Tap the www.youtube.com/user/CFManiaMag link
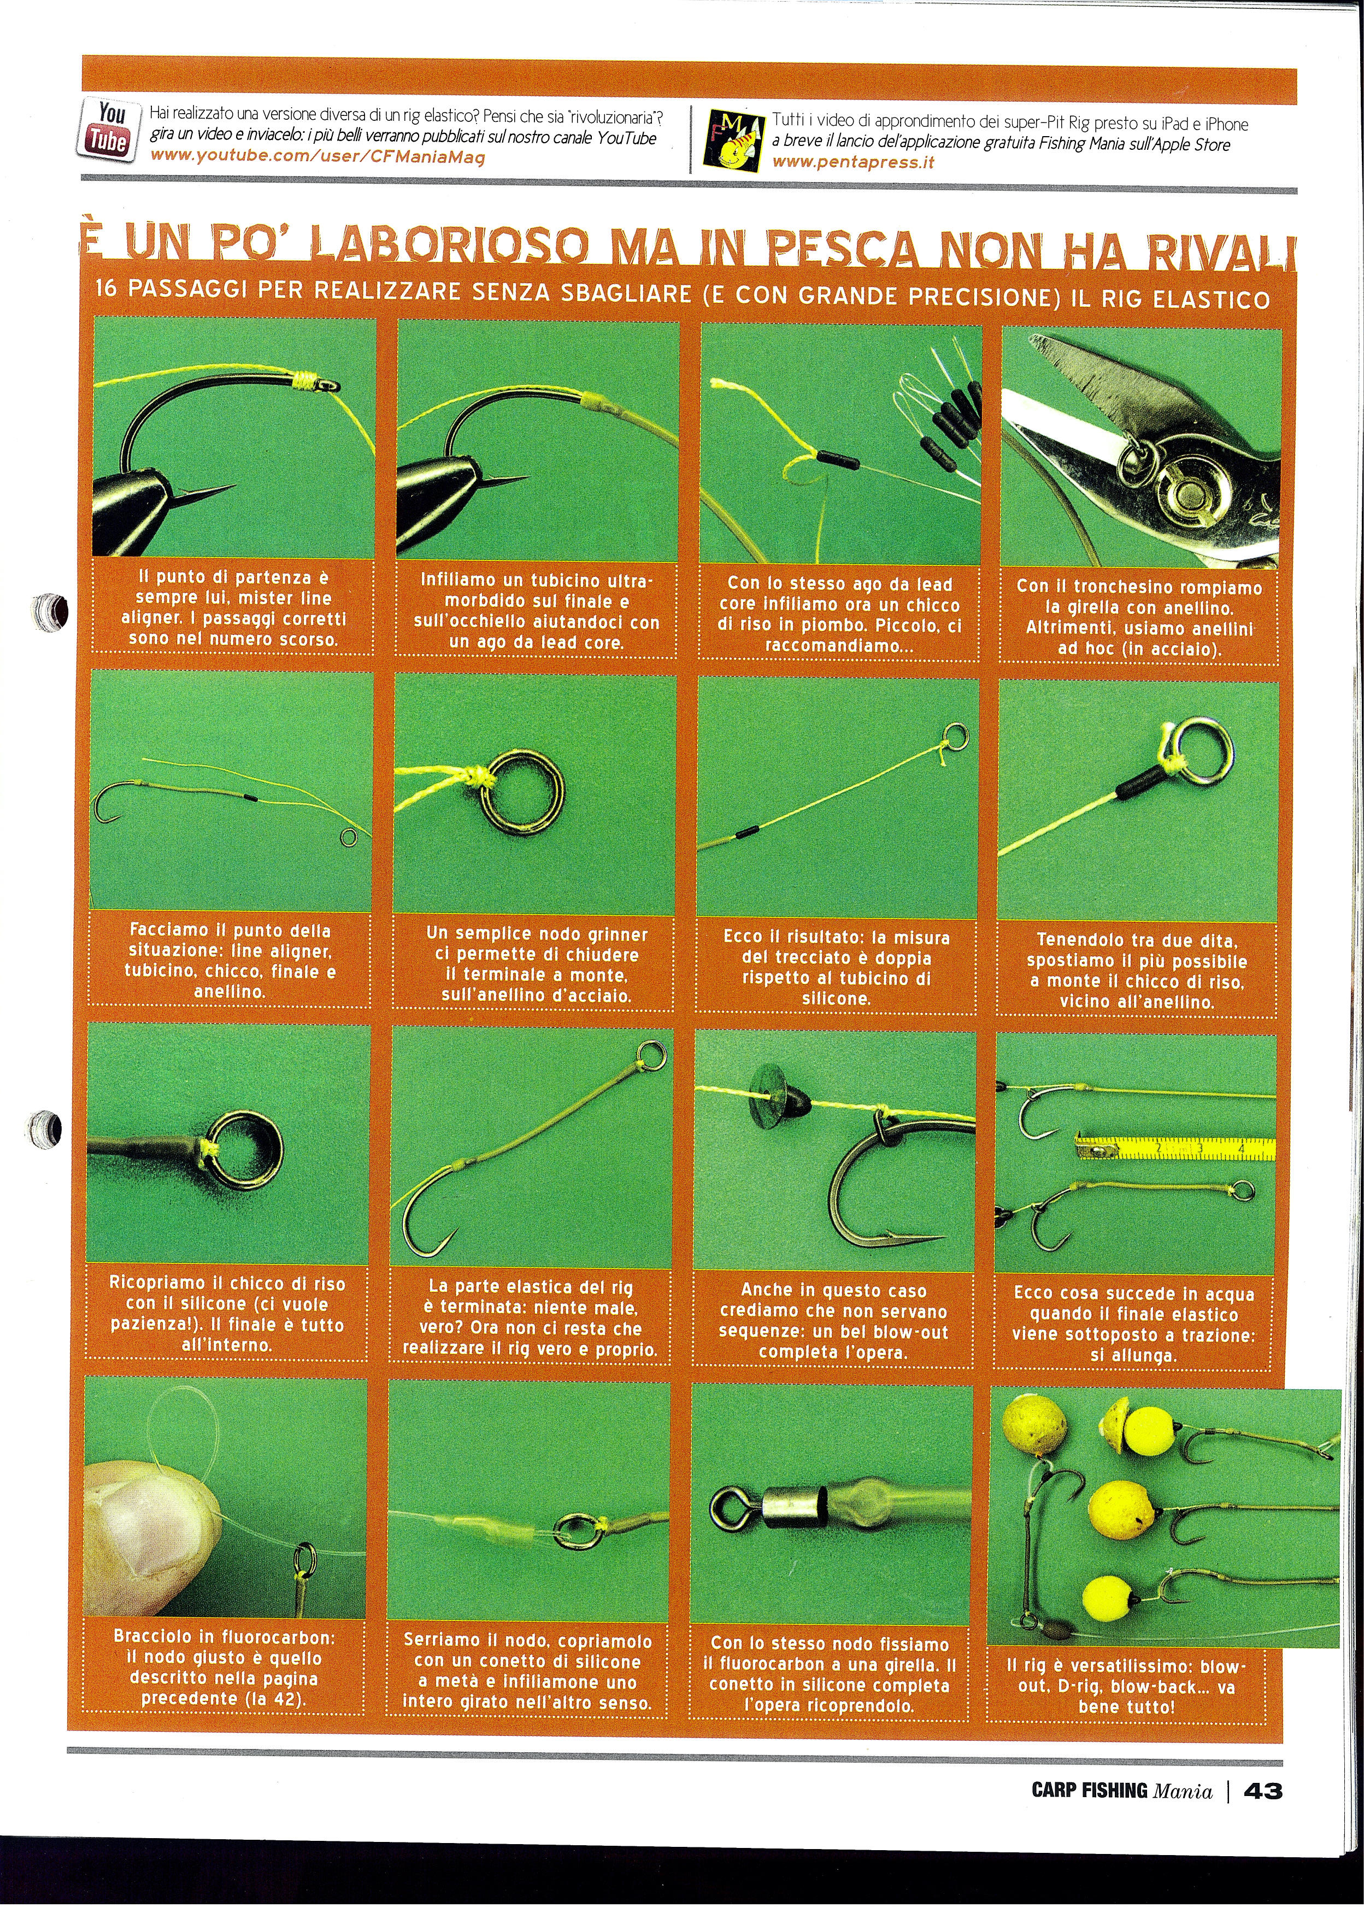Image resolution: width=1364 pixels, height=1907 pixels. click(x=318, y=156)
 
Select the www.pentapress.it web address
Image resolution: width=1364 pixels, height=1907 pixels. click(x=852, y=162)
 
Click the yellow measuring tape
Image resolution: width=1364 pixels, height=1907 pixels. click(x=1176, y=1148)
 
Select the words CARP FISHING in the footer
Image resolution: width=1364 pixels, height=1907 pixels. click(x=1089, y=1791)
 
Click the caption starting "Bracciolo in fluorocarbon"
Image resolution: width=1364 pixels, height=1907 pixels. click(x=224, y=1668)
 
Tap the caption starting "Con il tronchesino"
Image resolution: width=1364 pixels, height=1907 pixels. click(x=1139, y=617)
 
